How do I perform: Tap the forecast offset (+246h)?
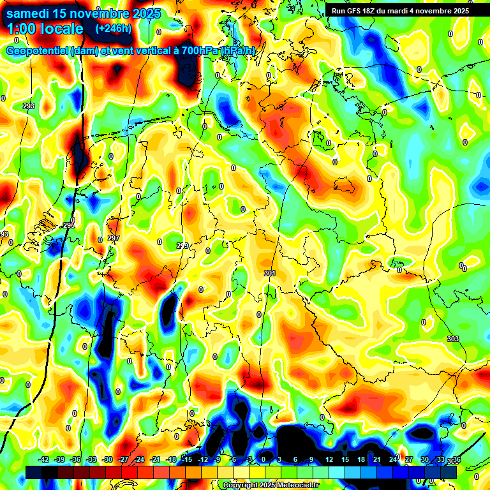pos(113,28)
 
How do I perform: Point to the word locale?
pos(63,29)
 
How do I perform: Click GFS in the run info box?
pos(357,10)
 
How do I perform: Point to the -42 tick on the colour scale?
pos(44,459)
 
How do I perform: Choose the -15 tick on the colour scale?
pos(187,459)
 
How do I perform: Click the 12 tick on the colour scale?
pos(328,459)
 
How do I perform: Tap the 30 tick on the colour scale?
pos(424,459)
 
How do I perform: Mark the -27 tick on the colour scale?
pos(123,459)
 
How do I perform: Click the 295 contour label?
pos(69,225)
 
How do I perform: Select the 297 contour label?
pos(114,238)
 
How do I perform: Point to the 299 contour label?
pos(182,246)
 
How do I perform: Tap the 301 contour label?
pos(269,273)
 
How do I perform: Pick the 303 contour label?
pos(453,339)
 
